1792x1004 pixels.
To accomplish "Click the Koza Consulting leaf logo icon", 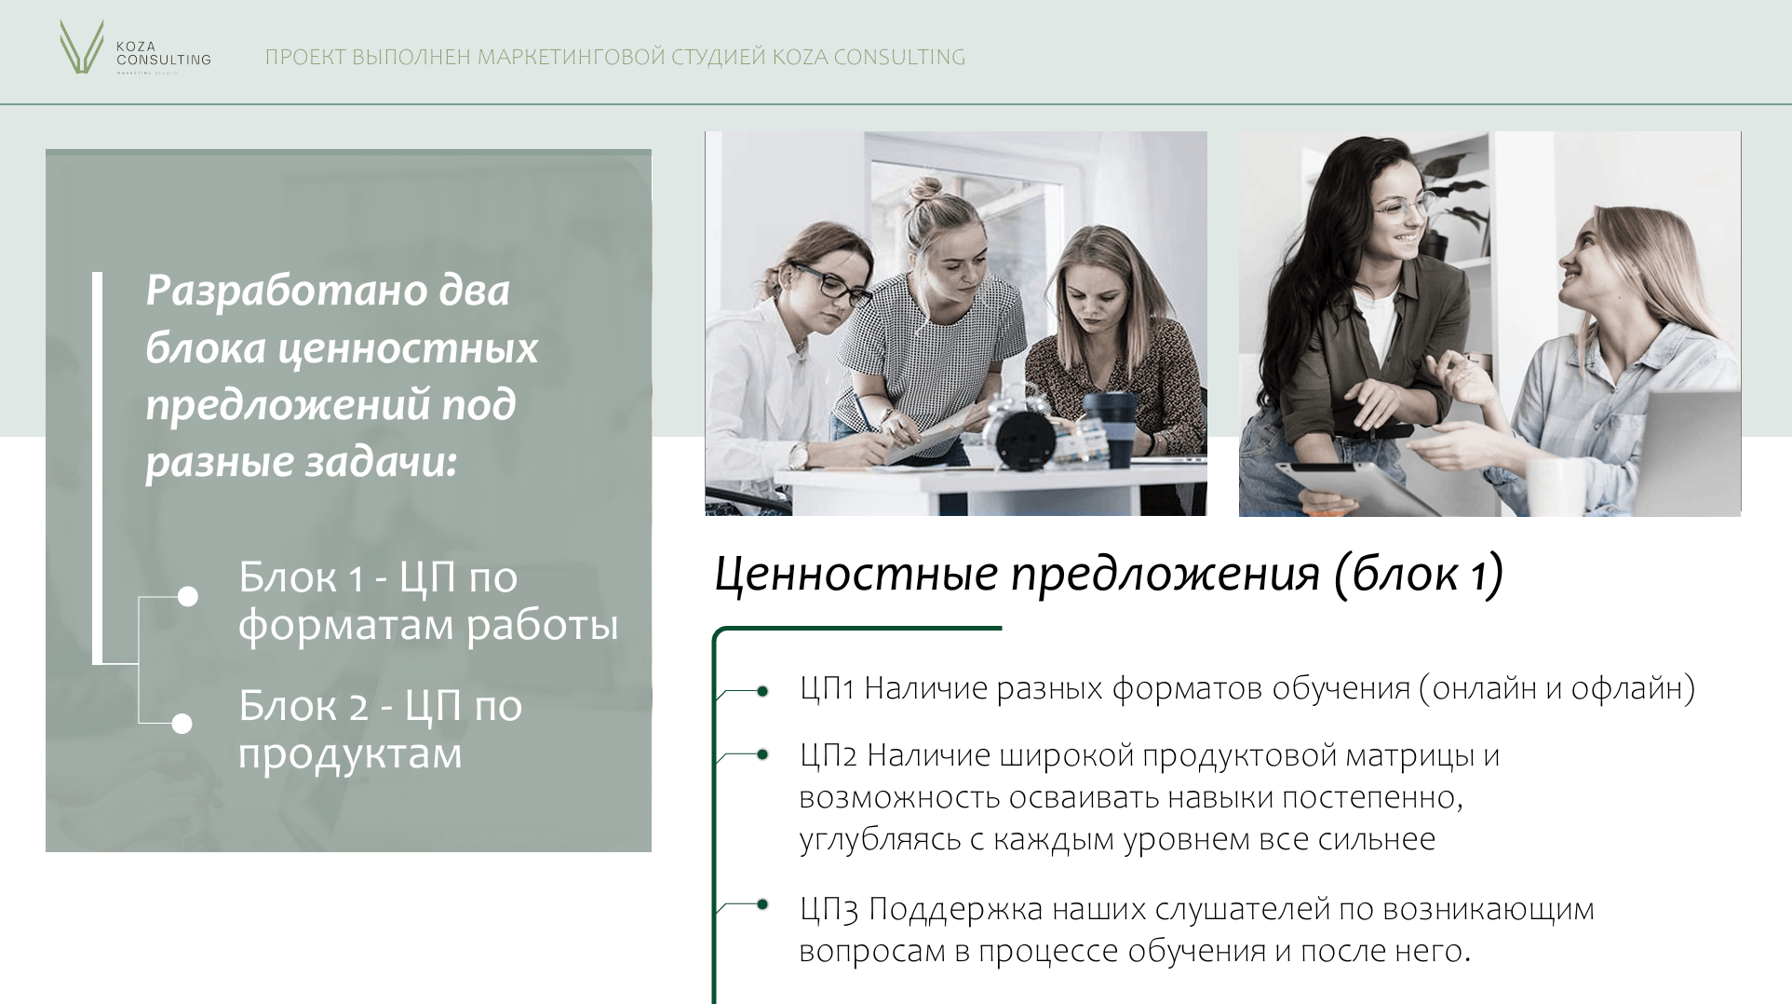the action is click(x=81, y=47).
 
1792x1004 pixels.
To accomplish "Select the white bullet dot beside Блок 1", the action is click(x=188, y=596).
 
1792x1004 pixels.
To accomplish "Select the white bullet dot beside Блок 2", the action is click(x=182, y=724).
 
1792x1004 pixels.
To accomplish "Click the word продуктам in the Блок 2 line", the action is click(x=350, y=754).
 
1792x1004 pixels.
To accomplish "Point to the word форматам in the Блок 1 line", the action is click(x=346, y=626).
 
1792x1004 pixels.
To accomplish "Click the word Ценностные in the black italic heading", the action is click(x=856, y=574).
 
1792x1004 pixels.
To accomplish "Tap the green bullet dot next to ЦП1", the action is click(x=762, y=691).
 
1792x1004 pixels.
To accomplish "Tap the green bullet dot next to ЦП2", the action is click(x=762, y=754).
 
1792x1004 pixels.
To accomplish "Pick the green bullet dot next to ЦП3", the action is click(x=762, y=904).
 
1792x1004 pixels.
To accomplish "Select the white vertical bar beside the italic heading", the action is click(x=98, y=468).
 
